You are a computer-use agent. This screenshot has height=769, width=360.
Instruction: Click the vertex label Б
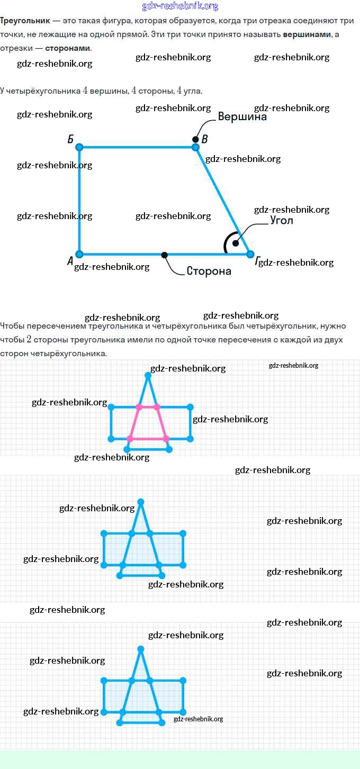click(x=70, y=139)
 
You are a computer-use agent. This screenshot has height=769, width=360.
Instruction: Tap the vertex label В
click(x=205, y=139)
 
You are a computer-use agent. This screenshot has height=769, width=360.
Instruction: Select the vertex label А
click(x=70, y=260)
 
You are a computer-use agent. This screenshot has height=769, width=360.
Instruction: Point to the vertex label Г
click(x=258, y=261)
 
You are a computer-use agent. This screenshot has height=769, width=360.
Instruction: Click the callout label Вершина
click(x=242, y=117)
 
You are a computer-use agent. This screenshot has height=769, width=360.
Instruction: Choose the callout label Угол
click(x=281, y=220)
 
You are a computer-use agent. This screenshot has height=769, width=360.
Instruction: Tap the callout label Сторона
click(x=209, y=271)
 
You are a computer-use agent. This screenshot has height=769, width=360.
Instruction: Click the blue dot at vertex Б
click(x=79, y=147)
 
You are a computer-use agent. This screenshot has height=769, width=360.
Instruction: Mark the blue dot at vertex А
click(x=79, y=254)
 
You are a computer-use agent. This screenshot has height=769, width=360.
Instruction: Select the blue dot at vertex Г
click(x=250, y=254)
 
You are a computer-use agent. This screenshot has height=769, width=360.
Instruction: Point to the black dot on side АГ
click(x=165, y=255)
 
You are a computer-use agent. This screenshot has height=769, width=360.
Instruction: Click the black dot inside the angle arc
click(x=236, y=243)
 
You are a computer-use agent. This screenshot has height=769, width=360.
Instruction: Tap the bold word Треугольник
click(x=25, y=21)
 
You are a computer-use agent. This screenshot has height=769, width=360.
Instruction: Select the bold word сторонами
click(x=68, y=48)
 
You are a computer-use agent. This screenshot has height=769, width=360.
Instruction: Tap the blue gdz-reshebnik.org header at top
click(x=180, y=6)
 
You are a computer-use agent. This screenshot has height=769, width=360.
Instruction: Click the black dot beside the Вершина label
click(x=196, y=139)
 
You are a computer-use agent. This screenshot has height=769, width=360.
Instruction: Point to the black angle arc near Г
click(x=227, y=243)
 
